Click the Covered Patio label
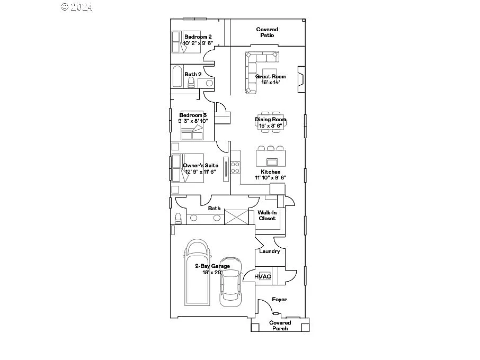[267, 32]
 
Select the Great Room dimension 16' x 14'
[270, 83]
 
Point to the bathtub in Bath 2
[176, 76]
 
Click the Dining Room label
[270, 120]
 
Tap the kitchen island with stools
[270, 157]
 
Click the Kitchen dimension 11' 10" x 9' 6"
[270, 178]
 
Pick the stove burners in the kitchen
[235, 168]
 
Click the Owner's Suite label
[200, 166]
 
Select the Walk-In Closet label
[267, 215]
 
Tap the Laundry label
[269, 251]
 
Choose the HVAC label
[263, 276]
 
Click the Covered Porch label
[280, 326]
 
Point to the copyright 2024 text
[77, 7]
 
